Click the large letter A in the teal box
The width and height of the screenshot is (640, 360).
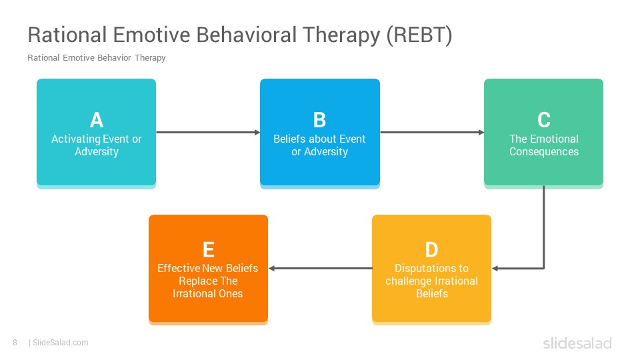pyautogui.click(x=96, y=120)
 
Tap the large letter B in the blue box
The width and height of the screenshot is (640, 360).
pyautogui.click(x=319, y=120)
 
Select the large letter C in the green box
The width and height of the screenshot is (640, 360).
pyautogui.click(x=544, y=120)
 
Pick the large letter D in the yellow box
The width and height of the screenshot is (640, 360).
pyautogui.click(x=431, y=250)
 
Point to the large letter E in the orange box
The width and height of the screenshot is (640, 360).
pyautogui.click(x=209, y=250)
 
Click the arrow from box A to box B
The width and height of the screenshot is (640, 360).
pyautogui.click(x=208, y=132)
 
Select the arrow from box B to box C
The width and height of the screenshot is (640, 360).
pyautogui.click(x=432, y=132)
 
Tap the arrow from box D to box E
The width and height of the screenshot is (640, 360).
pyautogui.click(x=321, y=268)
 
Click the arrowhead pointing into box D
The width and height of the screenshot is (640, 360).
pyautogui.click(x=495, y=268)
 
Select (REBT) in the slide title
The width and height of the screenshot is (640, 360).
pyautogui.click(x=419, y=35)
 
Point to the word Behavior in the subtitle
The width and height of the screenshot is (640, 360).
pyautogui.click(x=114, y=57)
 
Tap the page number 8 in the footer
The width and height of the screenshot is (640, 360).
pyautogui.click(x=15, y=343)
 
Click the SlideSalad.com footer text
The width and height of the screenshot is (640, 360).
pyautogui.click(x=61, y=343)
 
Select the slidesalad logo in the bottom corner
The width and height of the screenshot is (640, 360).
pyautogui.click(x=577, y=343)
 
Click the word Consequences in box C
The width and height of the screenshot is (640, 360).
pyautogui.click(x=544, y=152)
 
